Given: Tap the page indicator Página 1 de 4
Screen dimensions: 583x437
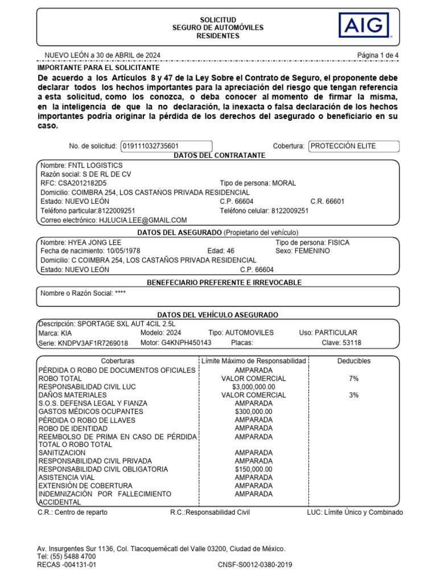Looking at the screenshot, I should pos(378,55).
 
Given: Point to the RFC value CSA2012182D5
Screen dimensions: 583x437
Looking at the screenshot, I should pos(82,183).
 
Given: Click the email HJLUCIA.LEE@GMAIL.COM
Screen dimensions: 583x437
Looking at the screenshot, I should pos(143,220).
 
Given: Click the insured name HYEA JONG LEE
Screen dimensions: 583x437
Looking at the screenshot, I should pos(97,243).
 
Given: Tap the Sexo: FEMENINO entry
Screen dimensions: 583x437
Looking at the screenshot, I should pos(302,251).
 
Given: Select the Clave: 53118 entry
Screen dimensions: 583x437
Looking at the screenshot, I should pos(341,343).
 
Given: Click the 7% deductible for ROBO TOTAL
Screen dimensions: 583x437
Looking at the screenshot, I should pos(354,379).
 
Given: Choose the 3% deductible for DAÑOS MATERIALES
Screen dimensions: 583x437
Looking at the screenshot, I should pos(354,395).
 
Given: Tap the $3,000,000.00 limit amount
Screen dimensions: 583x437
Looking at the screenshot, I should pos(254,387).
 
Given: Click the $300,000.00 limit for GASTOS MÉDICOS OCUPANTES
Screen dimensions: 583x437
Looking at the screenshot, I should pos(254,412).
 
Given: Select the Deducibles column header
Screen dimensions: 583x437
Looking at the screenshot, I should pos(354,361).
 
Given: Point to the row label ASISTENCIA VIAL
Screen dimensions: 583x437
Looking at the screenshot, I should pos(67,478).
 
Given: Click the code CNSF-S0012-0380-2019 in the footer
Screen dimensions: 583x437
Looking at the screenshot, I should pos(255,565).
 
